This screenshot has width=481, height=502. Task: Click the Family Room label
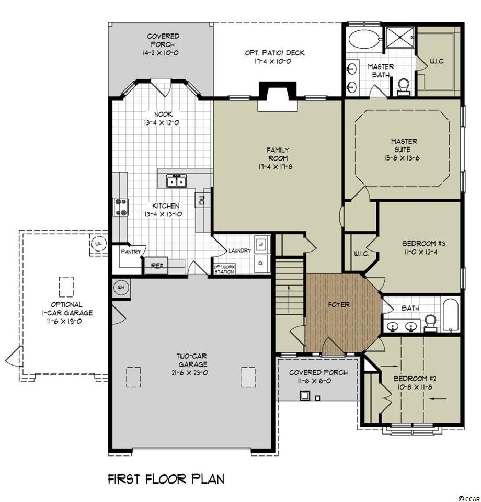point(278,154)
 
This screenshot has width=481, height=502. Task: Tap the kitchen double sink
point(176,181)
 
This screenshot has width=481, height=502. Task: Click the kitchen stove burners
point(121,207)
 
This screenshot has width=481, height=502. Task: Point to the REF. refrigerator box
point(157,266)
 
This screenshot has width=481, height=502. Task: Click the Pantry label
point(131,252)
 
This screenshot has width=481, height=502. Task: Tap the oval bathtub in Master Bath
point(363,40)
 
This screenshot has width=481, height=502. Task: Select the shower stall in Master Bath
point(400,38)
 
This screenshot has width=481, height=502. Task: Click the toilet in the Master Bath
point(404,87)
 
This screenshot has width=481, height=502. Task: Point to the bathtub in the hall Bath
point(450,315)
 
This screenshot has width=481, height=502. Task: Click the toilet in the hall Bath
point(430,323)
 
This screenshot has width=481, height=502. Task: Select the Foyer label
point(339,305)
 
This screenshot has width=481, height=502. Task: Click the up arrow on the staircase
point(290,299)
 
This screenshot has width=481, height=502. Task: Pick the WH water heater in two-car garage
point(121,288)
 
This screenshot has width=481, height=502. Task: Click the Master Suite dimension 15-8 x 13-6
point(402,158)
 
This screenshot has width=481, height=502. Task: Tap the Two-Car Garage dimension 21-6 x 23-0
point(191,373)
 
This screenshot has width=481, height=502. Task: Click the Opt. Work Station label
point(224,269)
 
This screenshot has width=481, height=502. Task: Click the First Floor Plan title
point(166,480)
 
